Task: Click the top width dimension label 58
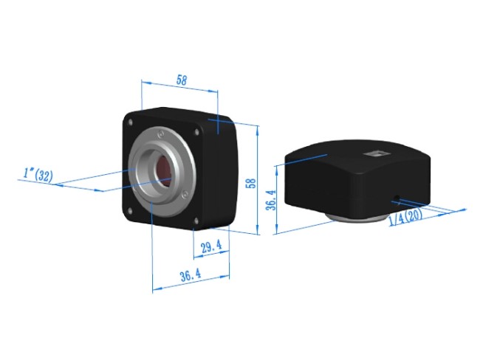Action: (181, 81)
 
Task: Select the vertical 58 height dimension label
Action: (251, 182)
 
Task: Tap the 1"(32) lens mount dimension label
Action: (38, 175)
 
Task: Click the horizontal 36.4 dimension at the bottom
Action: (190, 275)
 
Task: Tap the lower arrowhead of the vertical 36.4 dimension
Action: (275, 230)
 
